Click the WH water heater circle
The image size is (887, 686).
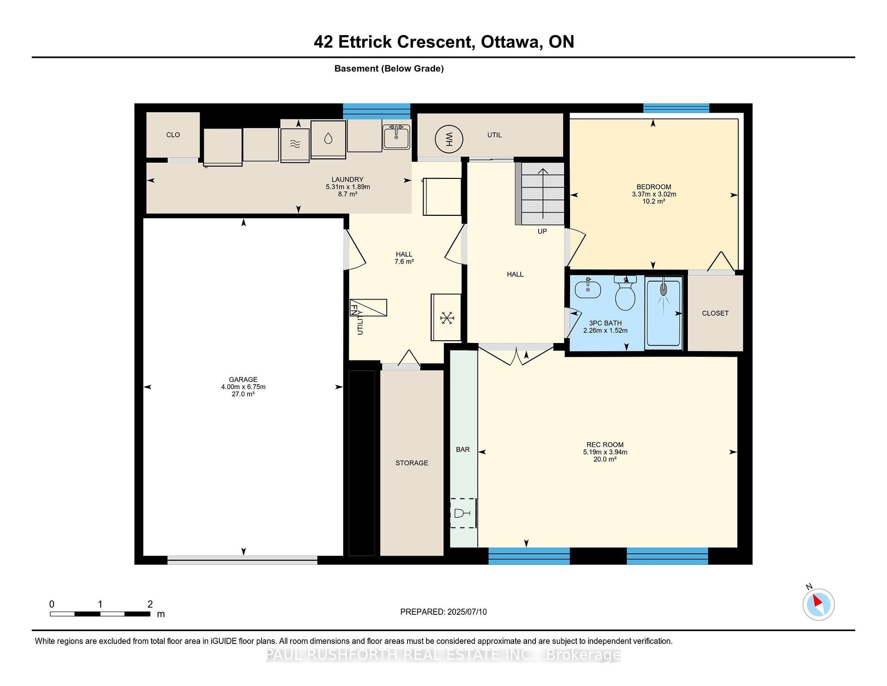(x=449, y=139)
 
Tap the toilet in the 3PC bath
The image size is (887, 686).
(x=625, y=293)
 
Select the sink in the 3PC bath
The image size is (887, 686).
(x=588, y=288)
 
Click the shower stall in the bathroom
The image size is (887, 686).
(x=663, y=313)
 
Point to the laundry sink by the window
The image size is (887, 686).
(x=396, y=137)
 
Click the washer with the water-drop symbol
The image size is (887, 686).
(x=328, y=139)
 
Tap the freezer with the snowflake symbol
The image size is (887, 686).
(x=446, y=318)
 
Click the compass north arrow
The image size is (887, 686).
(x=818, y=601)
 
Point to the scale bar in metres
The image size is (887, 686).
(x=100, y=614)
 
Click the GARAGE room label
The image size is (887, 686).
(x=243, y=380)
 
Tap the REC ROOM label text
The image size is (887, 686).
(x=605, y=445)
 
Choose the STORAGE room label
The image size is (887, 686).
(x=412, y=463)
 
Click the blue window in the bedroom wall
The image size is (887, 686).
(x=676, y=108)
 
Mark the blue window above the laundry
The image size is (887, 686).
(x=377, y=111)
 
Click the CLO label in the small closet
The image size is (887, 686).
(x=173, y=135)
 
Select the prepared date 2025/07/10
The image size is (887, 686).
(x=467, y=612)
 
